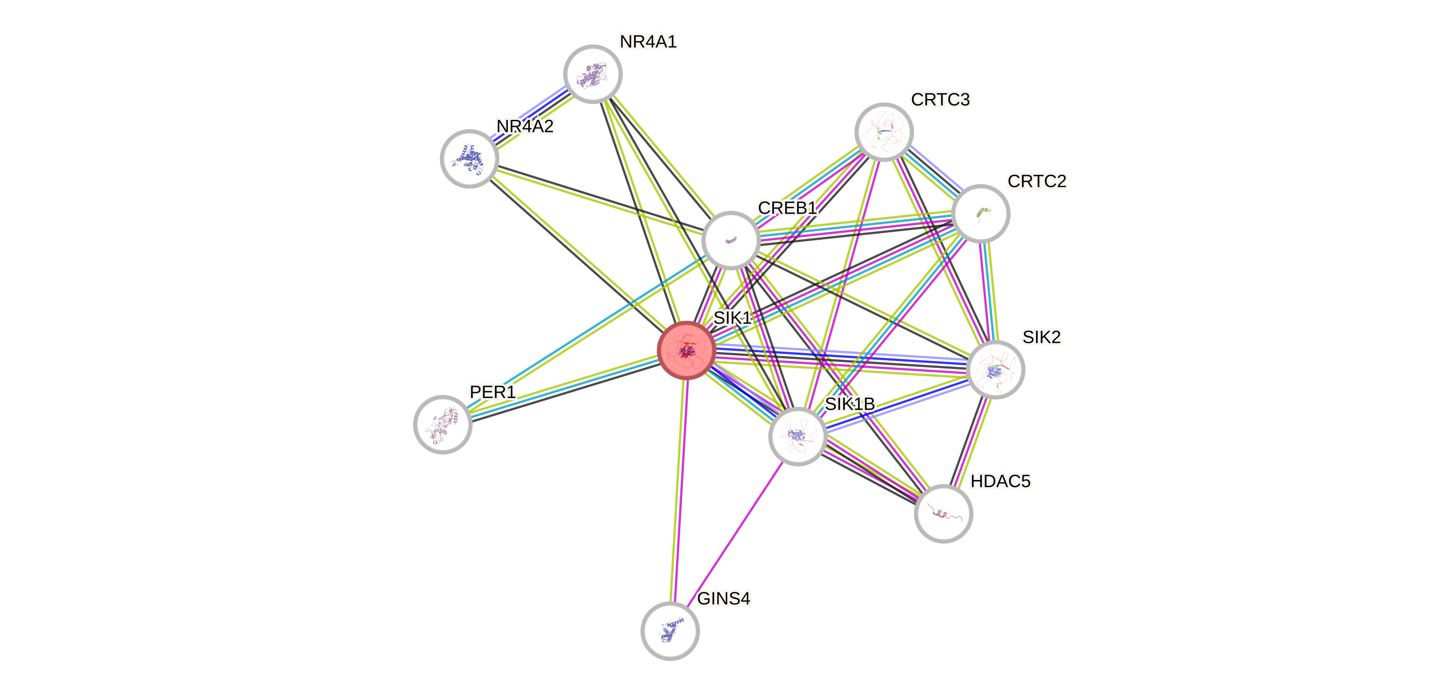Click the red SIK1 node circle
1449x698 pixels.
[x=686, y=350]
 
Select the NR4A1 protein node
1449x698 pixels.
[x=593, y=74]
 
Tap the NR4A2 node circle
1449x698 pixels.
[x=469, y=158]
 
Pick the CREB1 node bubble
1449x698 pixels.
[x=731, y=240]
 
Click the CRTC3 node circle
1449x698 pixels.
[x=884, y=131]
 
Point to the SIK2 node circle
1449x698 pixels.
[x=995, y=370]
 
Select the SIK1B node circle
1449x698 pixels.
[x=798, y=436]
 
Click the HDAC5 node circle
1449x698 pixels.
[x=943, y=513]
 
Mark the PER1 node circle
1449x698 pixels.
[x=443, y=424]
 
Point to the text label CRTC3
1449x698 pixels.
[x=940, y=99]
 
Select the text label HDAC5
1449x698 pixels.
[x=1000, y=481]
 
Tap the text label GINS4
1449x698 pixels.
[x=723, y=599]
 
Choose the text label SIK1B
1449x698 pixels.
[x=849, y=404]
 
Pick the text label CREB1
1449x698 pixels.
[x=787, y=208]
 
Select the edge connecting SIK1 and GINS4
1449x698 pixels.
[x=679, y=489]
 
